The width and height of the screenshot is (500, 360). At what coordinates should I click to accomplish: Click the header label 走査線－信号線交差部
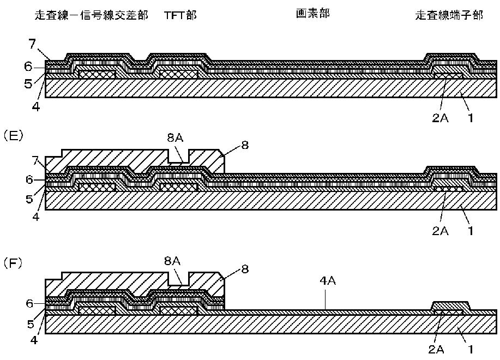click(x=91, y=15)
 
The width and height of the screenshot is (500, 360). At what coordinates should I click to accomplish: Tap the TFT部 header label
click(x=180, y=15)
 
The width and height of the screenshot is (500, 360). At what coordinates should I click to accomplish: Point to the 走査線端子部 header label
click(x=449, y=15)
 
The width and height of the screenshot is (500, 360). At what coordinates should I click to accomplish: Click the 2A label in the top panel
click(x=440, y=117)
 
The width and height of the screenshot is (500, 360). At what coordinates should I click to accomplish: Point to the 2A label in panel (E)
click(x=440, y=230)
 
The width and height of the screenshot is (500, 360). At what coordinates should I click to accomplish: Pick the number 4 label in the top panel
click(x=36, y=107)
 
